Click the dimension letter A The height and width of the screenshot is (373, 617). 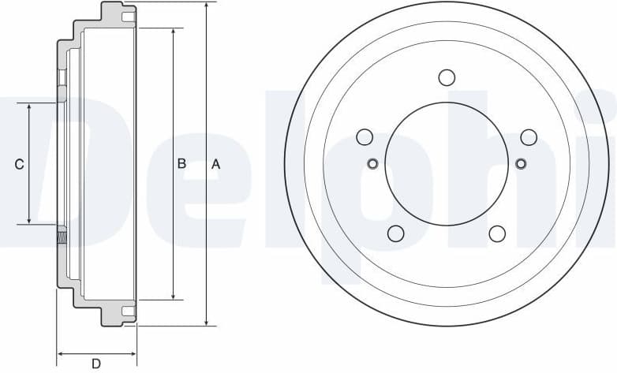point(215,164)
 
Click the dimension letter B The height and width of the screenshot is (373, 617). point(181,164)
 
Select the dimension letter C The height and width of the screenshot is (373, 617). point(20,164)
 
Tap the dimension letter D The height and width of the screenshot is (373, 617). point(96,364)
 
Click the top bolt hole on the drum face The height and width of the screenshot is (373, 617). point(447,77)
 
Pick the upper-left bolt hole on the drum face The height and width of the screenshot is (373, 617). point(365,137)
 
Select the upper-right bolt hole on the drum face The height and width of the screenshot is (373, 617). point(529,137)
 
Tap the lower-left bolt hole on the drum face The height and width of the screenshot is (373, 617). point(396,233)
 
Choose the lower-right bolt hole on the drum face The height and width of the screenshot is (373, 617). point(497,233)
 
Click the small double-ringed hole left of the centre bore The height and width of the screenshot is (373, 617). point(373,164)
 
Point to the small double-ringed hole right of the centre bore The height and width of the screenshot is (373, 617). point(520,164)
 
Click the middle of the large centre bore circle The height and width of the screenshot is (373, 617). point(447,164)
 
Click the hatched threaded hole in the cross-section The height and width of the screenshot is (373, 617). point(62,234)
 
